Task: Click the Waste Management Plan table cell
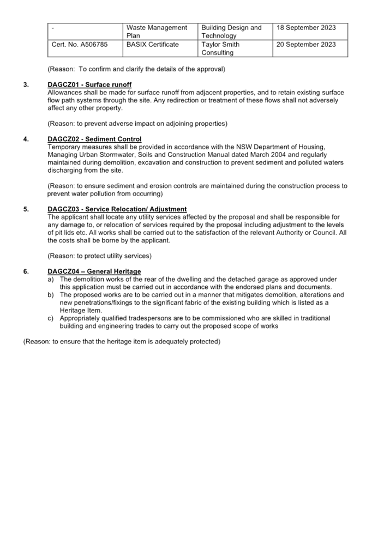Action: tap(160, 32)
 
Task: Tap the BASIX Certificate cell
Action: tap(160, 49)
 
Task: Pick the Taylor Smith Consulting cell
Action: tap(235, 49)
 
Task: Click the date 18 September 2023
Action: tap(306, 27)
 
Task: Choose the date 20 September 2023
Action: tap(306, 44)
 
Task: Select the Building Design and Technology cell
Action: tap(235, 32)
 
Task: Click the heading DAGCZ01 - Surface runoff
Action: tap(89, 84)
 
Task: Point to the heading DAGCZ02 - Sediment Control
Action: tap(94, 139)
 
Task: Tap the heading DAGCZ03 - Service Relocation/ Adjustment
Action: tap(117, 209)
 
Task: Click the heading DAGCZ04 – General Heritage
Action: tap(94, 271)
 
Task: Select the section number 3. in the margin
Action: tap(26, 84)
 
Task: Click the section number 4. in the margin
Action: tap(26, 139)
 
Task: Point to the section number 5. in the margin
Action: tap(26, 209)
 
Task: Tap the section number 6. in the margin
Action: tap(26, 271)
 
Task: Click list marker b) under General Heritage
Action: tap(51, 295)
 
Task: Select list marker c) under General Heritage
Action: tap(51, 318)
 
